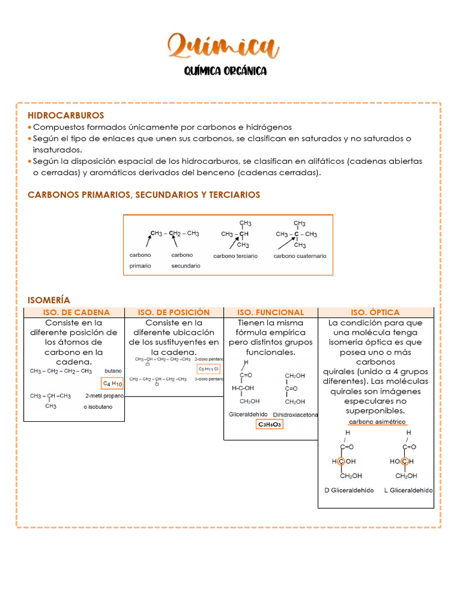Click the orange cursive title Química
coord(223,46)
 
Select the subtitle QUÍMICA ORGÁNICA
coord(225,71)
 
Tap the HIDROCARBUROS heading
coord(65,115)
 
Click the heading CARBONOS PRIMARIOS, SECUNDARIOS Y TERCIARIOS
coord(143,195)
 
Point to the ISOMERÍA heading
coord(49,300)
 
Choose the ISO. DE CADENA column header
coord(76,312)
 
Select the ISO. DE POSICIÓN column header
coord(174,312)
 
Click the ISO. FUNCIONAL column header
coord(270,312)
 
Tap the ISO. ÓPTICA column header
coord(375,312)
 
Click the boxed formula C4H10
coord(112,384)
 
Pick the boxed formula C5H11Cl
coord(208,369)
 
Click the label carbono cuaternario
coord(300,256)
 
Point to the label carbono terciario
coord(236,256)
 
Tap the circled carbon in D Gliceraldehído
coord(341,462)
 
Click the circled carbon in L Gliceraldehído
coord(405,462)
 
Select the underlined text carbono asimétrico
coord(377,422)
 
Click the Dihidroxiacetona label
coord(295,414)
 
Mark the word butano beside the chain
coord(112,370)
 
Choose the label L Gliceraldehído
coord(408,490)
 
